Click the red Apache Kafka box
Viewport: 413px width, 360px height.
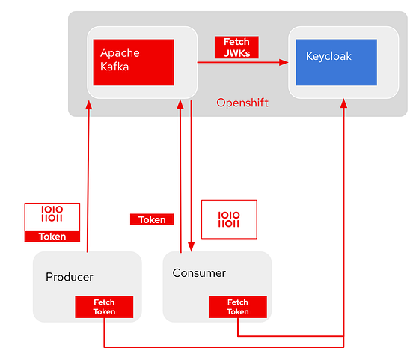[x=133, y=62]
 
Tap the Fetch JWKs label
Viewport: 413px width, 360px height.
[x=236, y=47]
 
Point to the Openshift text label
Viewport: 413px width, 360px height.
[x=242, y=103]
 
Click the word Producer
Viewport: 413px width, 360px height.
[x=70, y=277]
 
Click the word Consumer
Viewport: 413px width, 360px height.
[x=199, y=272]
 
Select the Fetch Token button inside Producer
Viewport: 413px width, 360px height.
[x=104, y=307]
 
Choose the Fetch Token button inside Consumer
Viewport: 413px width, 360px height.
[x=238, y=307]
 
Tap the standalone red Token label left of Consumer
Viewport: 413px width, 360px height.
[x=152, y=220]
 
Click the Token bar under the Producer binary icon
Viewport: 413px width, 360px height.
[x=52, y=237]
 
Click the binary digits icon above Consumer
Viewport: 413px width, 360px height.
[x=229, y=219]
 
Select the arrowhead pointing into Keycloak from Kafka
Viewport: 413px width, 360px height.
[x=284, y=63]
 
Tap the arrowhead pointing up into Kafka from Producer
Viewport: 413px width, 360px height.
[x=89, y=105]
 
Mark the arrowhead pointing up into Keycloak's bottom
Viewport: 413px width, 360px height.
[x=343, y=105]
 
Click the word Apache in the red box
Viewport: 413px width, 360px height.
[x=120, y=54]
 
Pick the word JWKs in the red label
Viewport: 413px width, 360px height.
[x=236, y=52]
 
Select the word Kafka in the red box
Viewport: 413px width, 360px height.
[x=114, y=67]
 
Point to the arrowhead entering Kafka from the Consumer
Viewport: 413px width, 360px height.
[x=180, y=105]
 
